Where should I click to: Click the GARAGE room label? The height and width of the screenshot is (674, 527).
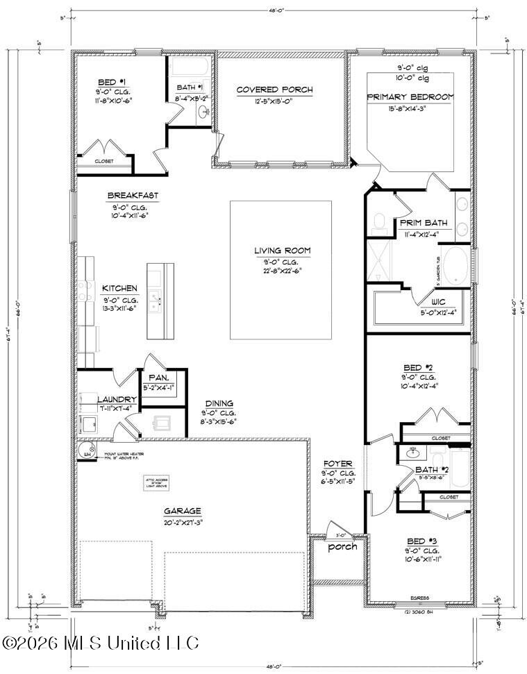183,511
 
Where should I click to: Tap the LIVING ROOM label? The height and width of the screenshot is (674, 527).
281,251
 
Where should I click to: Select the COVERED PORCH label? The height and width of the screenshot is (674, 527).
274,90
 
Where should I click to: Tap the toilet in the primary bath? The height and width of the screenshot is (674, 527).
379,221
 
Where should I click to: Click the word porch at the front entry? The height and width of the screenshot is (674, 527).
342,546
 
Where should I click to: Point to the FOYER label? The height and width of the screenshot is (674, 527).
338,463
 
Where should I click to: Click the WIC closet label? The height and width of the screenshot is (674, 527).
437,302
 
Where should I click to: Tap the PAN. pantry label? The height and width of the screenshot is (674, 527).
158,378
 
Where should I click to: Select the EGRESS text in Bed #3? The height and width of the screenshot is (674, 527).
419,598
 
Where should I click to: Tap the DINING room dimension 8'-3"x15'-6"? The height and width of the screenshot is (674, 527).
219,421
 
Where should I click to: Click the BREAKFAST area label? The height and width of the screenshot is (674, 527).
132,196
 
